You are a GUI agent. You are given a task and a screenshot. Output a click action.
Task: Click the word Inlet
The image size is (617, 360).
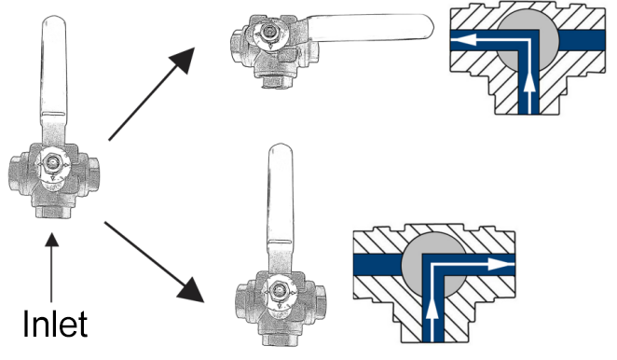55,324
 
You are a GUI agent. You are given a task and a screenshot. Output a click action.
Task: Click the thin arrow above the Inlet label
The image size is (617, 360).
51,268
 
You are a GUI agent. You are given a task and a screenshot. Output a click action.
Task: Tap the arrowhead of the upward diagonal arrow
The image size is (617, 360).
184,60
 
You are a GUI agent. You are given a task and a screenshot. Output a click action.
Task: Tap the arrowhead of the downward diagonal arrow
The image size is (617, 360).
192,290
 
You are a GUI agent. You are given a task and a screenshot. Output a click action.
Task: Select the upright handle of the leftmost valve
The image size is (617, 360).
53,78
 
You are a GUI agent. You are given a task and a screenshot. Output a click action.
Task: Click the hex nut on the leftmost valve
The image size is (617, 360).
52,161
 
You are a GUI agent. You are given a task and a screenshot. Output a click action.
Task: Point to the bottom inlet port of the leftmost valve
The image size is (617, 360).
53,212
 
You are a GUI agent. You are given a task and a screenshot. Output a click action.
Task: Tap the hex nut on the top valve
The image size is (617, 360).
269,31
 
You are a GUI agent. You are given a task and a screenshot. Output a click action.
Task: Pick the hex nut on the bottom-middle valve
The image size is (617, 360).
279,291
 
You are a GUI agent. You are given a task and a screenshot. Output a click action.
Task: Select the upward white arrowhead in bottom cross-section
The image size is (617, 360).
432,306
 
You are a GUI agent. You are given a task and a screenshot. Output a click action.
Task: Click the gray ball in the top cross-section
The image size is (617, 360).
528,40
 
